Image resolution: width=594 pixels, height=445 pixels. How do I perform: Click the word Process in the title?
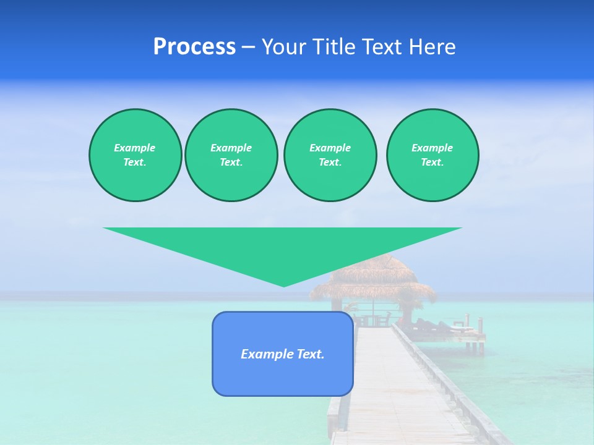coord(194,47)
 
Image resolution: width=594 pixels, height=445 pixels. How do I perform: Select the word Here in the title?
coord(432,47)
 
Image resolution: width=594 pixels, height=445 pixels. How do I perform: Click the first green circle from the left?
coord(135,155)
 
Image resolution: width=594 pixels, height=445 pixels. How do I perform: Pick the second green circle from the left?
coord(231,155)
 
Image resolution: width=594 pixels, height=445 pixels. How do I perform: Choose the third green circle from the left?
coord(330,155)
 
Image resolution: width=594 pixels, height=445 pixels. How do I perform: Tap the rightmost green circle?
coord(433,155)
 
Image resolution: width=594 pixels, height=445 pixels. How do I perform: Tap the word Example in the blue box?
coord(267,354)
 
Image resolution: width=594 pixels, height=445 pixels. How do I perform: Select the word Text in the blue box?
coord(310,354)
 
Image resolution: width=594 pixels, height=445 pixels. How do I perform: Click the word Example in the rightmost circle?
coord(433,148)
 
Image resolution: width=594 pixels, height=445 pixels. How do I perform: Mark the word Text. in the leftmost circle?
coord(135,162)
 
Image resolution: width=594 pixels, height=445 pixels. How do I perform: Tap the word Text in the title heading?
coord(382,47)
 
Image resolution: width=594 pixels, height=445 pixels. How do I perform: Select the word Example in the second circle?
coord(231,148)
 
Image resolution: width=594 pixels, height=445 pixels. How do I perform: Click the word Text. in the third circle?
coord(330,162)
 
